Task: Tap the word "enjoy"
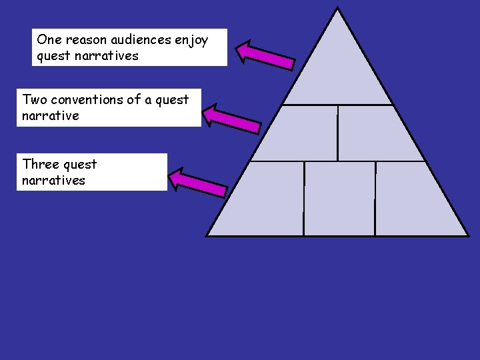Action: pyautogui.click(x=191, y=41)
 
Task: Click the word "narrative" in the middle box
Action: pyautogui.click(x=50, y=116)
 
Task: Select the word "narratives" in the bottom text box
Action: pyautogui.click(x=53, y=180)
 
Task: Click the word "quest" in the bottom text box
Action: pyautogui.click(x=80, y=165)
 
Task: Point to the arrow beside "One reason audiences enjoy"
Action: pyautogui.click(x=265, y=55)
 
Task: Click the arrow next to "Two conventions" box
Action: pyautogui.click(x=231, y=118)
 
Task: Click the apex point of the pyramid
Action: pyautogui.click(x=337, y=9)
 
